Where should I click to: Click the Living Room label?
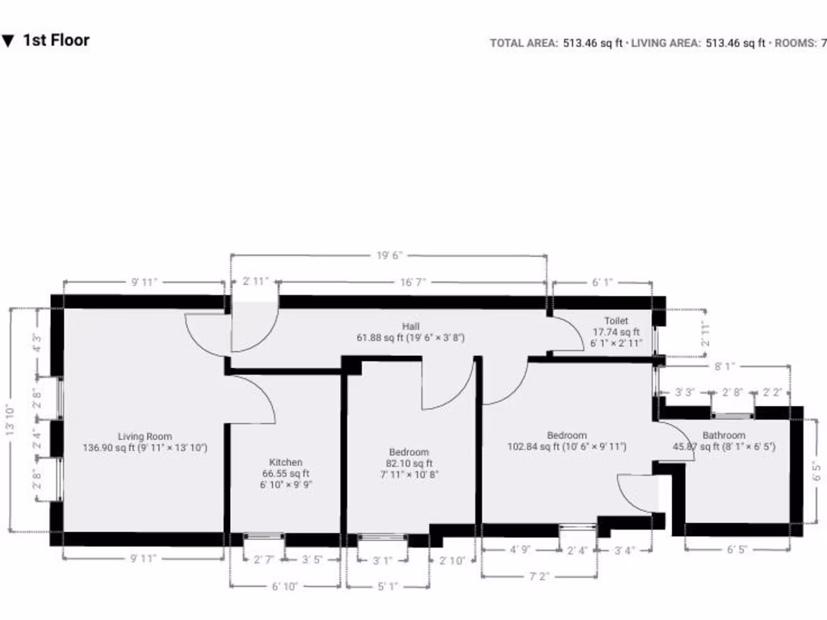[145, 437]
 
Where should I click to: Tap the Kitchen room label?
[286, 463]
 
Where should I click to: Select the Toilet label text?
[616, 320]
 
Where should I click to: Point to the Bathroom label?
[724, 435]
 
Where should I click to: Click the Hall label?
[410, 326]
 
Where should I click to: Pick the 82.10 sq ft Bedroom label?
[409, 452]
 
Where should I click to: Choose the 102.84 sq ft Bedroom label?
[566, 435]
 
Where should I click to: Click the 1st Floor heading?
[56, 40]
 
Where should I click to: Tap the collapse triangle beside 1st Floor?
[8, 40]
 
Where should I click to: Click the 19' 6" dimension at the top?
[388, 255]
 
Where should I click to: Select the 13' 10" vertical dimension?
[10, 420]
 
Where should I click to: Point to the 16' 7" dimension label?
[413, 282]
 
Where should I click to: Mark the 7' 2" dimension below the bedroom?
[539, 576]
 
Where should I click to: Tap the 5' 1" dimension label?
[388, 586]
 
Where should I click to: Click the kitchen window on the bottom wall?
[264, 536]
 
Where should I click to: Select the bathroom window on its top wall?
[733, 416]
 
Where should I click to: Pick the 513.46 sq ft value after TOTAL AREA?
[592, 43]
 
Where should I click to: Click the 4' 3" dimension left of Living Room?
[36, 341]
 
